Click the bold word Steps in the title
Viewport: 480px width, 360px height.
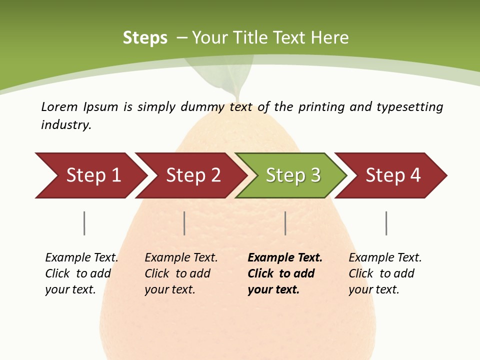[145, 38]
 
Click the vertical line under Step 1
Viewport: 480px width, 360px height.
[84, 223]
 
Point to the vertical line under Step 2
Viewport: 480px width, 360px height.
[184, 223]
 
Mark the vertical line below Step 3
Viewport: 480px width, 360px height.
[285, 223]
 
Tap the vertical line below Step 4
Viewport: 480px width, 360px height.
[386, 223]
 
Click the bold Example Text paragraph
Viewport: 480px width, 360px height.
[284, 273]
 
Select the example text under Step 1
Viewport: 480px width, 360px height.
[81, 273]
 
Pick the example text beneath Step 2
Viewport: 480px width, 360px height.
[181, 273]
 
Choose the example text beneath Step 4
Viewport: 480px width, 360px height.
[385, 273]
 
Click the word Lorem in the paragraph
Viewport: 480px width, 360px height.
[59, 106]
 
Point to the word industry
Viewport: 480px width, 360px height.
[66, 124]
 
